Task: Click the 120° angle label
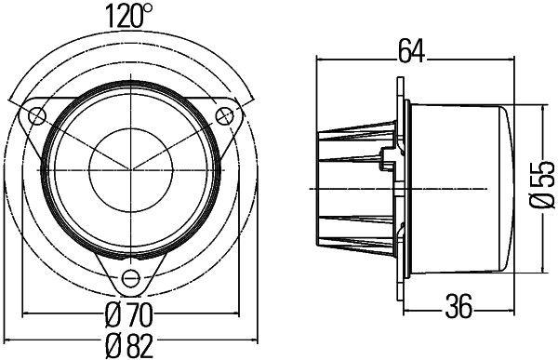pyautogui.click(x=129, y=15)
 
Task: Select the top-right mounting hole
pyautogui.click(x=224, y=114)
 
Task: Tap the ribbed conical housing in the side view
pyautogui.click(x=358, y=186)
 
